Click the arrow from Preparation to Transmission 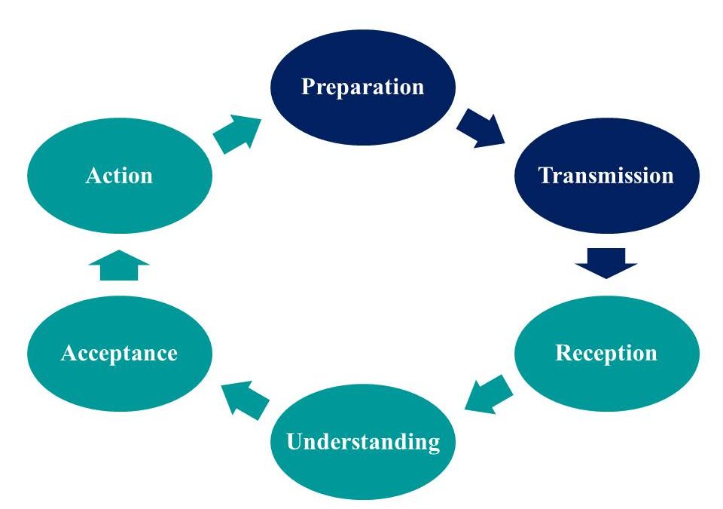(x=482, y=129)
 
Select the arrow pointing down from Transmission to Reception (x=606, y=262)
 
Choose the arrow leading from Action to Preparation (x=237, y=133)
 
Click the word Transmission (x=606, y=176)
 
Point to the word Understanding (x=363, y=442)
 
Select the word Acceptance (x=119, y=353)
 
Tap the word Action (x=119, y=176)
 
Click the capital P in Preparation (x=307, y=86)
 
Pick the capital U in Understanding (x=294, y=442)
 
